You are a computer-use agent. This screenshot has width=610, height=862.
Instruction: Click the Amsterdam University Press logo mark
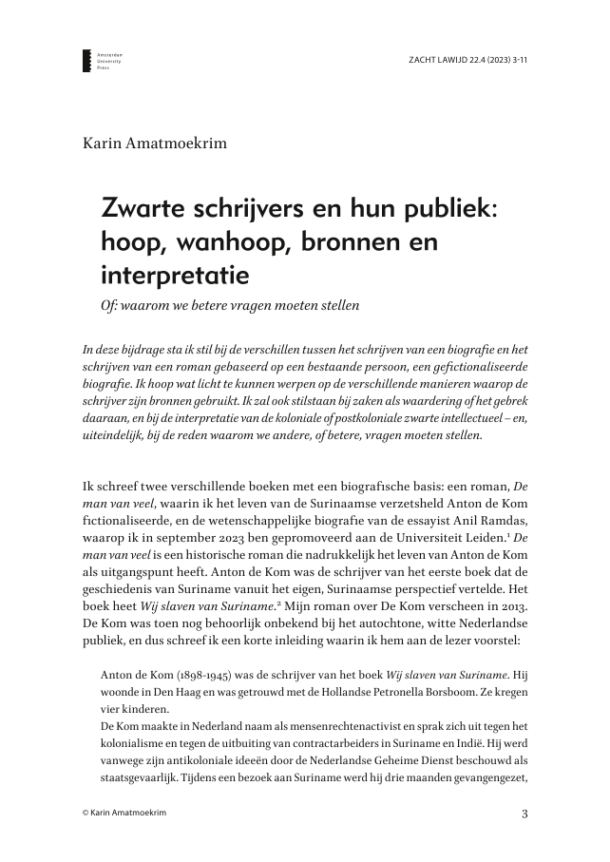pyautogui.click(x=86, y=63)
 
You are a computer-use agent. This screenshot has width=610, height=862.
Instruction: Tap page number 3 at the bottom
pyautogui.click(x=524, y=814)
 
